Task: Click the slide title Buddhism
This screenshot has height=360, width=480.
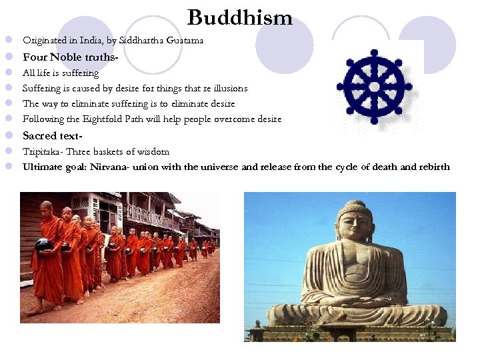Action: [240, 17]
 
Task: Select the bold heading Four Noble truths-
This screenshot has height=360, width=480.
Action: [71, 57]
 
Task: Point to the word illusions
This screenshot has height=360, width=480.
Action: [226, 88]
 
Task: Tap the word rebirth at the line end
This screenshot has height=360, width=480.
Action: [432, 167]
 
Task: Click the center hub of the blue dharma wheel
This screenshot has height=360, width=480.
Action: [375, 87]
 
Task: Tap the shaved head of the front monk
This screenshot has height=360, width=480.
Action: [45, 207]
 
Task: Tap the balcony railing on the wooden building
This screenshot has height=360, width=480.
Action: [143, 215]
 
